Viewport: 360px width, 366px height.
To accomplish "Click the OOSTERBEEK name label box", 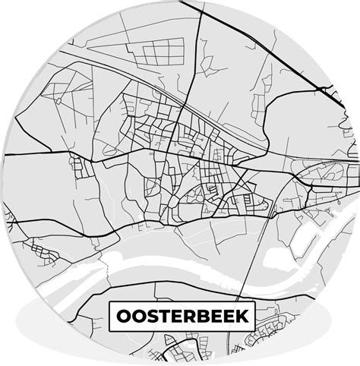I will click(x=181, y=314).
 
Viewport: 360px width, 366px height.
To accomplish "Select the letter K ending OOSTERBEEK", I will click(x=241, y=314).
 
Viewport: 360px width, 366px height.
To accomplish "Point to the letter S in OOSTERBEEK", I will click(x=150, y=314).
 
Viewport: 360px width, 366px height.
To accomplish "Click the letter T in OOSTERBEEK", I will click(x=163, y=314).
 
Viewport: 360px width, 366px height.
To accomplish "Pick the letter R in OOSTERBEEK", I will click(x=188, y=314).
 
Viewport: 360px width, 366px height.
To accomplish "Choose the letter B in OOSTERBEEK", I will click(x=202, y=314).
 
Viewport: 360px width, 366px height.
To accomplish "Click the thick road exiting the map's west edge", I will click(x=23, y=155).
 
